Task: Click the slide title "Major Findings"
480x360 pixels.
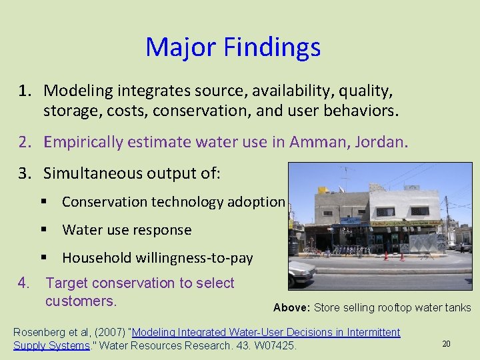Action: (233, 47)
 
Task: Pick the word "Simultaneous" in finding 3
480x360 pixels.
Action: (88, 173)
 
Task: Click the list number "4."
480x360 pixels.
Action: (25, 283)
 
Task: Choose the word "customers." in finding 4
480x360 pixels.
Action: (81, 301)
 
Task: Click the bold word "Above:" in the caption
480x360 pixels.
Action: (291, 308)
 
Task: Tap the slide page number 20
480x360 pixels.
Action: (446, 343)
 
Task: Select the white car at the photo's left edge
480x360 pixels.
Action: (301, 269)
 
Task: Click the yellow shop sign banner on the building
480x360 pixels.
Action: (407, 223)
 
